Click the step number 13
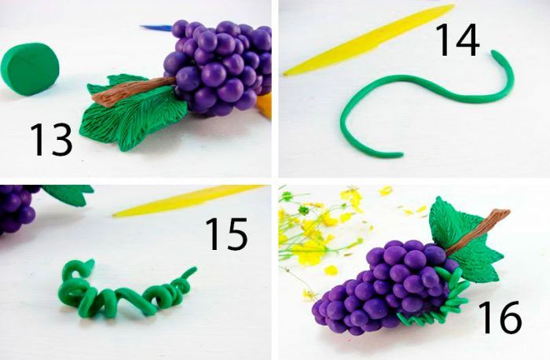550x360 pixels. click(51, 140)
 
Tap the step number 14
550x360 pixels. click(457, 40)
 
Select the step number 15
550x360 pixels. click(226, 234)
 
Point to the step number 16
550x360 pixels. click(500, 318)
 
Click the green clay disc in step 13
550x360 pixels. click(30, 69)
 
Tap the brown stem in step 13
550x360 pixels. click(134, 92)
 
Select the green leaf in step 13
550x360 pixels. click(133, 112)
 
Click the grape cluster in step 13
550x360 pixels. click(219, 67)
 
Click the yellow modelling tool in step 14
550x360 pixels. click(368, 40)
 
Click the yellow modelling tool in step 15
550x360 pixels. click(188, 200)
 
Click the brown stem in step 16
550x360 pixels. click(478, 233)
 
